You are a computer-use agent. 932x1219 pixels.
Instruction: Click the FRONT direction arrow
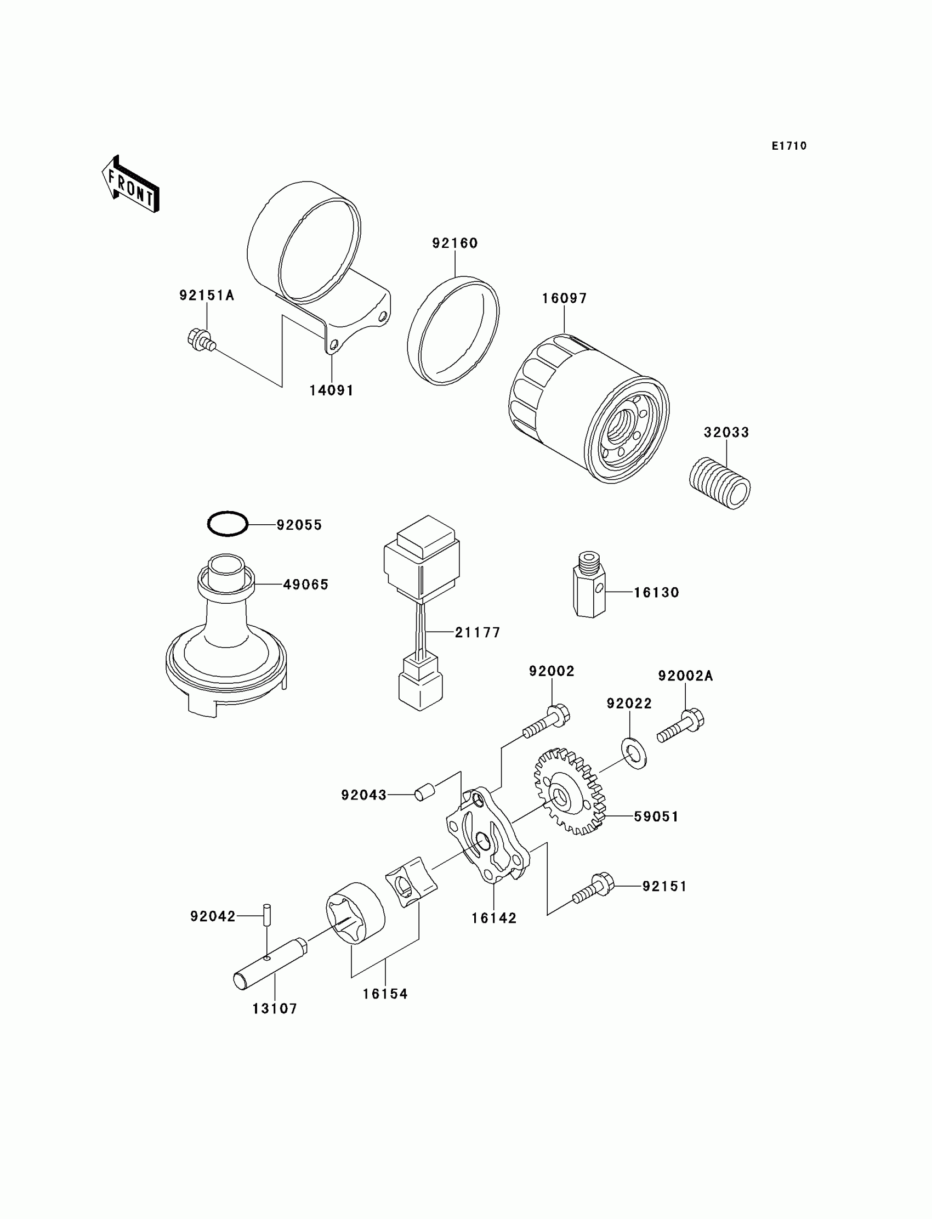pos(131,184)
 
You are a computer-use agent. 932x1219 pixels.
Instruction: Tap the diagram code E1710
pos(789,146)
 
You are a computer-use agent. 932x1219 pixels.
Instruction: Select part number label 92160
pos(455,243)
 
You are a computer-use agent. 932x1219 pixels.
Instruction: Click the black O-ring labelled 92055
pos(228,524)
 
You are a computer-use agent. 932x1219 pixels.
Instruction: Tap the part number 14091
pos(331,390)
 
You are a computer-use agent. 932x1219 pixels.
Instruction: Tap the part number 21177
pos(478,632)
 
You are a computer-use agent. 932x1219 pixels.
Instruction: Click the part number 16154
pos(385,994)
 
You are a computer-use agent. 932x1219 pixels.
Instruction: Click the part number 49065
pos(306,585)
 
